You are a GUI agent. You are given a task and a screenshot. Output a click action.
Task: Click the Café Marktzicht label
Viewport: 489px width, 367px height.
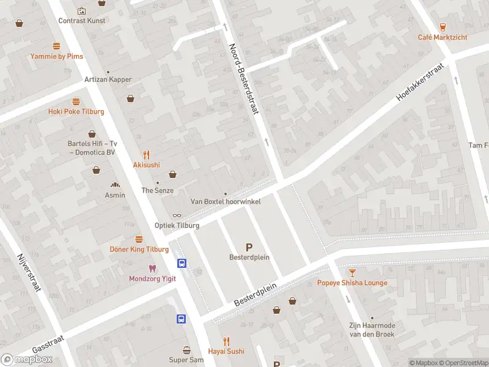coord(443,37)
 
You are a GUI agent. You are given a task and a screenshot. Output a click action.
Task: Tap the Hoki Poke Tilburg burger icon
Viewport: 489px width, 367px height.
coord(76,102)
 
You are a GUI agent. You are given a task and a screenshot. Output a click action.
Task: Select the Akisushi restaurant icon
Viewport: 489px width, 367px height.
coord(146,155)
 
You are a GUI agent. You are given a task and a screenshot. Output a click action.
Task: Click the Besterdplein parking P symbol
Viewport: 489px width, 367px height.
coord(249,247)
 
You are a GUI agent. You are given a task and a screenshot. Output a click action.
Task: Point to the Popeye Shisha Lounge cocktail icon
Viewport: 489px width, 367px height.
coord(352,272)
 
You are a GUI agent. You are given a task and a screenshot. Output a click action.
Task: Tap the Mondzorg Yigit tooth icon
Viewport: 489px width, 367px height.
coord(152,269)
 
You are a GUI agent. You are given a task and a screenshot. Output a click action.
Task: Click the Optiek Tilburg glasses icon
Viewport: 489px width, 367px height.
coord(177,215)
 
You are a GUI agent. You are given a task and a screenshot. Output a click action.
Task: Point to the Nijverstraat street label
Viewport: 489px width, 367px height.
coord(29,272)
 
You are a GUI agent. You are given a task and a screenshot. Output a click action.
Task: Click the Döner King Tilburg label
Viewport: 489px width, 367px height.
coord(139,250)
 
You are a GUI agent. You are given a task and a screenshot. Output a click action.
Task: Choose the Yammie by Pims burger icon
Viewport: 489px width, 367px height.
coord(57,46)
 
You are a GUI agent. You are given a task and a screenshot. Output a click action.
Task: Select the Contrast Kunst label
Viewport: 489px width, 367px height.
coord(82,20)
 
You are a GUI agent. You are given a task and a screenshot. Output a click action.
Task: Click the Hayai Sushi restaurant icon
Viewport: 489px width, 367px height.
coord(227,341)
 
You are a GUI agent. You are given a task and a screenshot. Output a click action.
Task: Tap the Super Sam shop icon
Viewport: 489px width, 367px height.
coord(186,350)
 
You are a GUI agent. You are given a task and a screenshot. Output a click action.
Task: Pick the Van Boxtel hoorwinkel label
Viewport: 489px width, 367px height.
coord(226,201)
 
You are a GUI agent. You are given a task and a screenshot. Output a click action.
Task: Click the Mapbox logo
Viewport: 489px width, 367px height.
coord(26,360)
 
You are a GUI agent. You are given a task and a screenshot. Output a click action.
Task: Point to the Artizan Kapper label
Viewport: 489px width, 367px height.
coord(108,80)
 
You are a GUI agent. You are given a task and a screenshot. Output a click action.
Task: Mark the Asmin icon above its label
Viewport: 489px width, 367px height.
coord(115,185)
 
